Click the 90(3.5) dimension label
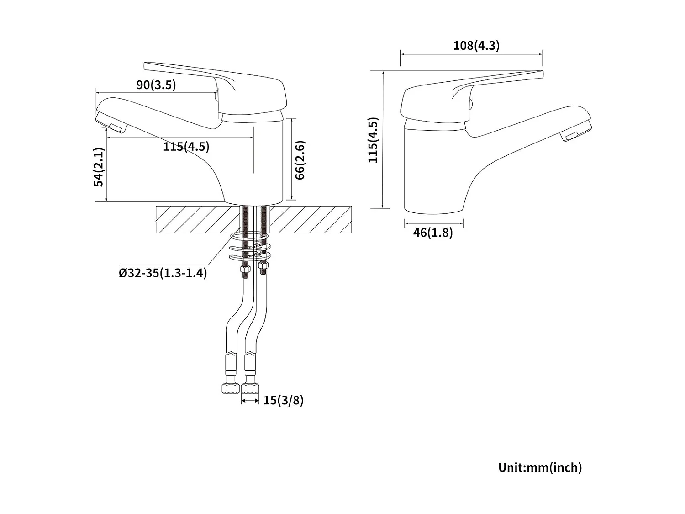click(156, 85)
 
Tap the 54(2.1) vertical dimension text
click(99, 167)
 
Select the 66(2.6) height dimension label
click(300, 160)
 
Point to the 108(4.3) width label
click(476, 46)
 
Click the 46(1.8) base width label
click(433, 233)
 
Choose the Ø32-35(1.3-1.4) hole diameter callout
click(163, 273)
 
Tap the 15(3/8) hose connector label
click(283, 400)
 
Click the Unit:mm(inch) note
click(540, 467)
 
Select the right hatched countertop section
click(311, 219)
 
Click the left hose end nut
click(230, 389)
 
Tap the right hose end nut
click(250, 389)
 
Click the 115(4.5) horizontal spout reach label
click(186, 147)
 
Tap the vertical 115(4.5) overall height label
click(374, 140)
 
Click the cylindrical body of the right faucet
click(434, 169)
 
